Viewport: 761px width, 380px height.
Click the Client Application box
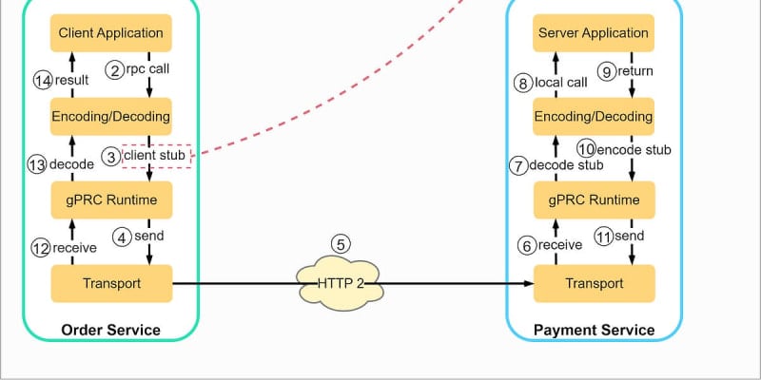110,33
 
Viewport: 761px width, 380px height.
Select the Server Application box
593,33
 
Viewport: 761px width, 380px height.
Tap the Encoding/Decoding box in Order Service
110,116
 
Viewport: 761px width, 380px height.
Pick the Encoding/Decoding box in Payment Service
593,116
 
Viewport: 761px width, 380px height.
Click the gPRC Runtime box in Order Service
111,199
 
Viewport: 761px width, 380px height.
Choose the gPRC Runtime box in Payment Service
594,199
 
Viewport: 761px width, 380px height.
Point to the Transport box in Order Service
111,283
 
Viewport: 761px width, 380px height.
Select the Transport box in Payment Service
594,283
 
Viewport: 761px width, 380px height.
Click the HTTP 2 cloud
341,283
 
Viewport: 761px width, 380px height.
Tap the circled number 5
341,245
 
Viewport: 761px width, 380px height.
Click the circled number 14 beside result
43,81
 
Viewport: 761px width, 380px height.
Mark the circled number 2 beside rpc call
115,70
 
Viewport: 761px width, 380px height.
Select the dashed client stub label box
156,156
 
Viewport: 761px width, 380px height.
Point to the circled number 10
587,149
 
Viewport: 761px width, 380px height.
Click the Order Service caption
110,330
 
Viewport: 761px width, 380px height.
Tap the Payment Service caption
594,330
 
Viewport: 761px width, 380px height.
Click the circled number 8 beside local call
522,84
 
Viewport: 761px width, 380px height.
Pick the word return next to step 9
634,71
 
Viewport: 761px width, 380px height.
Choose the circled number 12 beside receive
41,248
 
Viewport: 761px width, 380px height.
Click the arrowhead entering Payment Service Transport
529,283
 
